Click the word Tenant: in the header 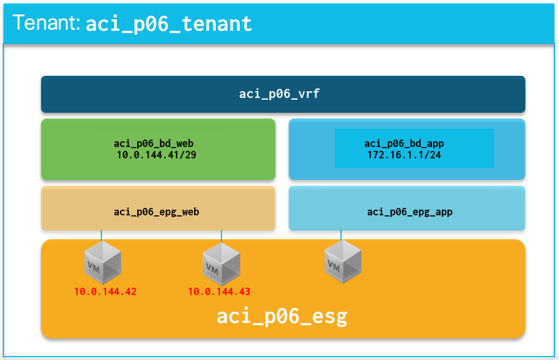[46, 23]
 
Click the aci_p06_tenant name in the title [168, 24]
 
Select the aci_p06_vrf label [279, 94]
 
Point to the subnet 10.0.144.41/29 [156, 154]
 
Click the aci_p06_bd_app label [404, 144]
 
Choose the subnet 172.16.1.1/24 [404, 154]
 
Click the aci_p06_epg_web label [156, 212]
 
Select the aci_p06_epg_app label [409, 212]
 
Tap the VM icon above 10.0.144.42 [102, 262]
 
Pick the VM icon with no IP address [343, 261]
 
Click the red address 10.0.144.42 [105, 292]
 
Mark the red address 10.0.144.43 [219, 292]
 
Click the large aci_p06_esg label [282, 316]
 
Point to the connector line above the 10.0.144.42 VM [101, 235]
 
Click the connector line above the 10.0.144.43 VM [221, 235]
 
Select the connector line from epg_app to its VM [341, 235]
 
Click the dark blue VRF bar [114, 94]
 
